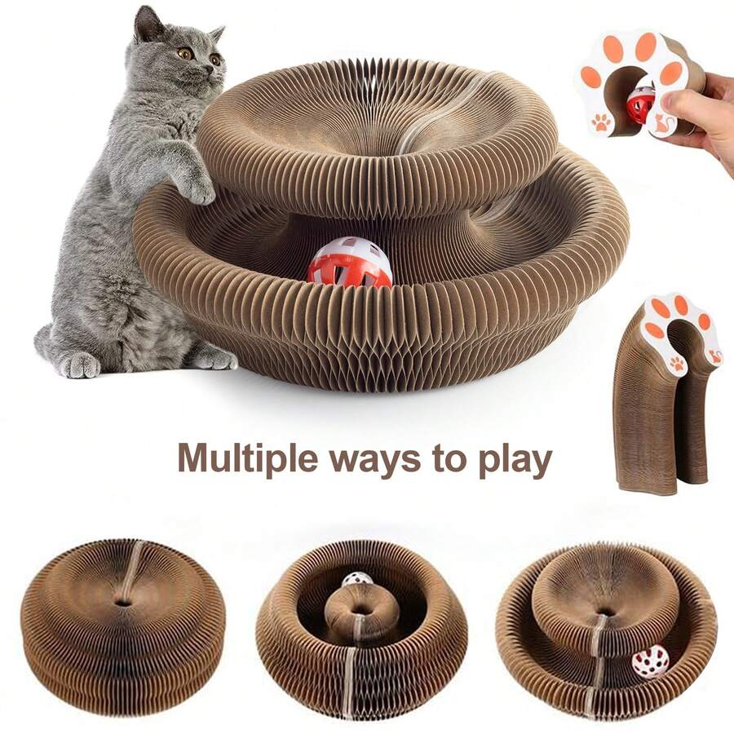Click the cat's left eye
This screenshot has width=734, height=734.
point(185,53)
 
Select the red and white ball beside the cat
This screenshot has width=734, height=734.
point(349,262)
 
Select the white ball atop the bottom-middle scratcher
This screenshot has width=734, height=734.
point(356,581)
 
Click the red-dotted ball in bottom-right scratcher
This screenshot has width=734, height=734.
point(650,661)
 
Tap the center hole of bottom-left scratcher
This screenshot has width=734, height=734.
point(122,603)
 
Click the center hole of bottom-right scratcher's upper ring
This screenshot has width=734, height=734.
point(604,612)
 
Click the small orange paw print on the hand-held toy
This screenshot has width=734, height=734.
point(601,122)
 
